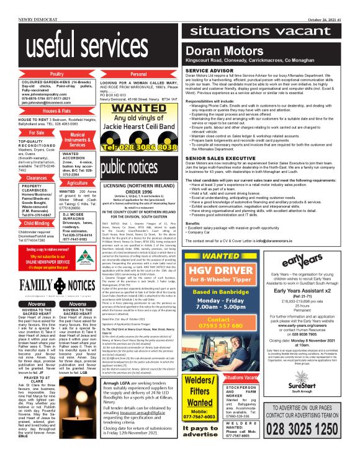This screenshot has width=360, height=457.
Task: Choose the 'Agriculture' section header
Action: (78, 184)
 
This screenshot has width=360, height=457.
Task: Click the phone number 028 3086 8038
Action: (138, 148)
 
